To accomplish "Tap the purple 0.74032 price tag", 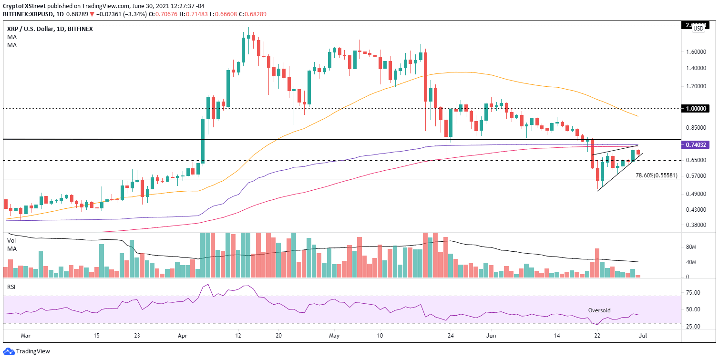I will click(699, 145).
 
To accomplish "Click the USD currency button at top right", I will click(698, 28).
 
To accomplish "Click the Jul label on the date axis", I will click(642, 335).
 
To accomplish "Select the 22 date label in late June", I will click(597, 335).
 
